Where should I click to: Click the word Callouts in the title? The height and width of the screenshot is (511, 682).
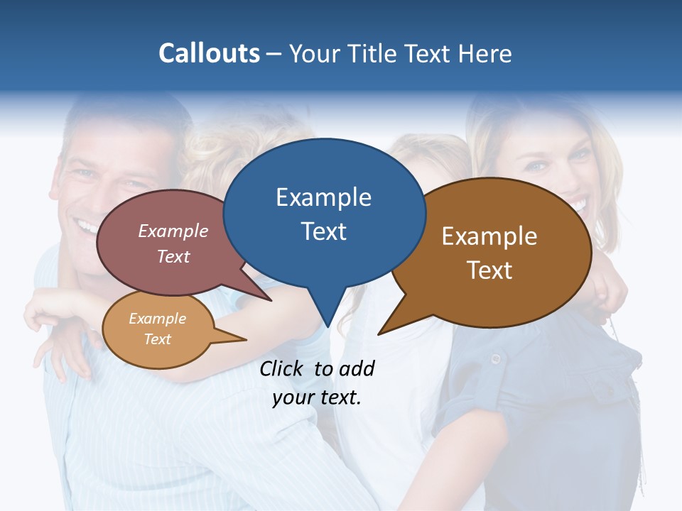pos(209,53)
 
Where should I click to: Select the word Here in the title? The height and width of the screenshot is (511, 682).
pos(485,53)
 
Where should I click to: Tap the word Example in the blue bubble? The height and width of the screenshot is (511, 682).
pos(323,197)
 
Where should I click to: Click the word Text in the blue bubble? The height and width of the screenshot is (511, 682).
pos(323,231)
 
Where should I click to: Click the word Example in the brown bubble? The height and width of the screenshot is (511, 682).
pos(489,236)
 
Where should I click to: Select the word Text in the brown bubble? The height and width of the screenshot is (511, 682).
pos(489,270)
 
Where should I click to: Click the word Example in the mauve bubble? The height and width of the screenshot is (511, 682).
pos(173,231)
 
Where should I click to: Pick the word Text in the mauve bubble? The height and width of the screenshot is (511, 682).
pos(173,256)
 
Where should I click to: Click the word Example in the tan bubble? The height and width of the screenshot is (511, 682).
pos(157,319)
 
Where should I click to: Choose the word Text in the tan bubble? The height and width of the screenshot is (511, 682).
pos(157,339)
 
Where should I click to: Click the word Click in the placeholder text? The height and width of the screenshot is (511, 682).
pos(282,368)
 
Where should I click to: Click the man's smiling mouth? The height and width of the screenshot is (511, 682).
pos(89,227)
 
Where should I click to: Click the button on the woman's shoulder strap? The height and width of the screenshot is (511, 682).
pos(495,359)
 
